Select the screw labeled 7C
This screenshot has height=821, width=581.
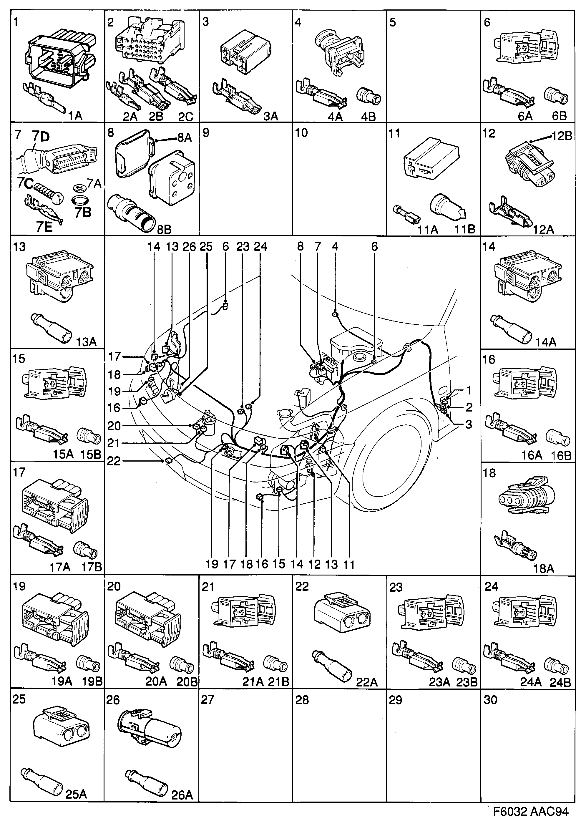49,191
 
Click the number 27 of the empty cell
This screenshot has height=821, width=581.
207,700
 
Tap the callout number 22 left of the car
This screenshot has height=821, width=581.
114,461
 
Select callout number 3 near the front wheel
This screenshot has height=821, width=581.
469,425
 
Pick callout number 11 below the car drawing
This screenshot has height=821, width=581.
348,565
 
